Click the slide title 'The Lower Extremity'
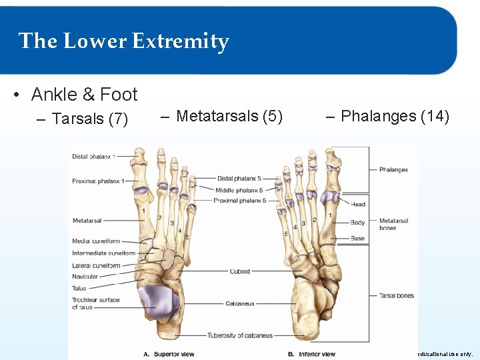tap(124, 41)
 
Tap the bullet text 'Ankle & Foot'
tap(84, 95)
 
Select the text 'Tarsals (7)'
tap(89, 119)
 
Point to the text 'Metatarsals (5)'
tap(229, 116)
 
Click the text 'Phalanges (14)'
tap(395, 116)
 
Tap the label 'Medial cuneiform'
tap(96, 241)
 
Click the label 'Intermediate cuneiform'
tap(103, 253)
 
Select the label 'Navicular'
tap(85, 277)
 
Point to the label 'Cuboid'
tap(239, 271)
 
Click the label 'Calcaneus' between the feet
tap(239, 303)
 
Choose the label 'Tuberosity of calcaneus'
tap(240, 335)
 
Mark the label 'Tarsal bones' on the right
tap(396, 295)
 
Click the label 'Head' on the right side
tap(358, 205)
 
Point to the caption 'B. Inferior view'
tap(311, 353)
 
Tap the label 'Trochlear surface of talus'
tap(95, 303)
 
